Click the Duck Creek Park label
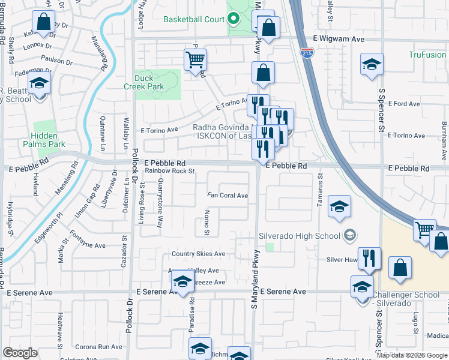click(149, 82)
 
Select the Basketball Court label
click(194, 19)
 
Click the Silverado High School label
click(300, 235)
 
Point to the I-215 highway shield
click(306, 53)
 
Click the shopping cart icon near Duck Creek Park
click(195, 61)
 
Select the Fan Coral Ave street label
click(228, 196)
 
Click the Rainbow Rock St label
click(170, 171)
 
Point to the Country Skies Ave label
click(198, 254)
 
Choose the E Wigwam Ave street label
click(339, 38)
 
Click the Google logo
click(20, 353)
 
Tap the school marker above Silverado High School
click(339, 207)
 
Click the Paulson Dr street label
click(57, 61)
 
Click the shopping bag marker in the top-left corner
click(44, 23)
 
